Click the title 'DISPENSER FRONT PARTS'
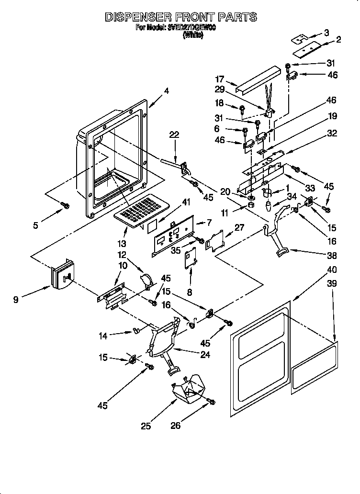180,17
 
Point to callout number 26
176,425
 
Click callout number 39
331,283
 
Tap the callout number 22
174,135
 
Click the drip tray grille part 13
140,208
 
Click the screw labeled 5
66,206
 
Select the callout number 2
338,40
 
